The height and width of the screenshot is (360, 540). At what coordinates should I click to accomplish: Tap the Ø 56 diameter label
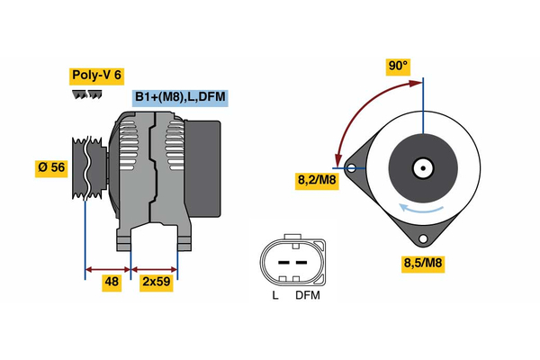point(52,167)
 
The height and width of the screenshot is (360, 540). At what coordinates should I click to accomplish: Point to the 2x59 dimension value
point(156,281)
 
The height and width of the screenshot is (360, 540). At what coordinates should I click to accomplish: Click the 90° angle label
point(398,67)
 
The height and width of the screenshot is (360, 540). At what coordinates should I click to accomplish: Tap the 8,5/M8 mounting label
point(422,264)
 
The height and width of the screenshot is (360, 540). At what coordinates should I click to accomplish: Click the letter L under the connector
point(274,295)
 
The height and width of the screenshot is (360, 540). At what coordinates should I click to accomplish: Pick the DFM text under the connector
point(306,295)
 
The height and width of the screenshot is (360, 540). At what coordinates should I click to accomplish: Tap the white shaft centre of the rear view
point(422,167)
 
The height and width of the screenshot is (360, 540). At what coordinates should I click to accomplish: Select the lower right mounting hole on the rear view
point(422,239)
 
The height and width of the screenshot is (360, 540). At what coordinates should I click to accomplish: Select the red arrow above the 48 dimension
point(108,268)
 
